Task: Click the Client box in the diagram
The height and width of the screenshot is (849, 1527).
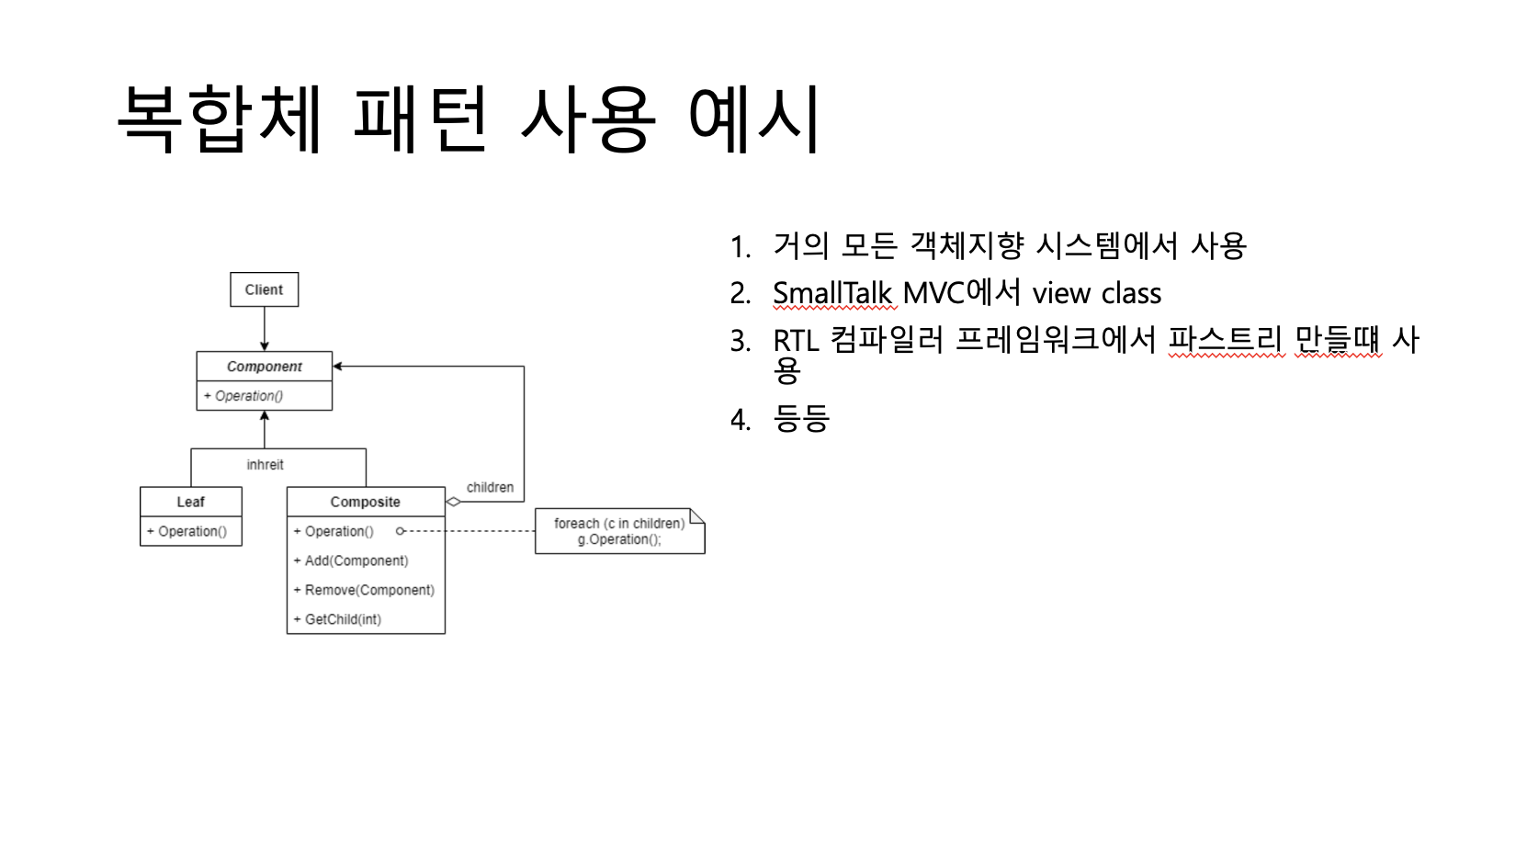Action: coord(264,289)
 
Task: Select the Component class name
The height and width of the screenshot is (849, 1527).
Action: coord(264,367)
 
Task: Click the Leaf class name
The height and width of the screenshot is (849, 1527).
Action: coord(190,502)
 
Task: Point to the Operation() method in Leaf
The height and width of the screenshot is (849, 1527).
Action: coord(191,531)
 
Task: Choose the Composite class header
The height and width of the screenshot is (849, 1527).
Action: coord(365,502)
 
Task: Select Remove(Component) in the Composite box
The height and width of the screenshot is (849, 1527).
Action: coord(368,590)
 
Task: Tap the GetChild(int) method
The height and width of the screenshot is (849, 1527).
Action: coord(342,619)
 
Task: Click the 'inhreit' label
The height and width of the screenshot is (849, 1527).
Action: coord(265,465)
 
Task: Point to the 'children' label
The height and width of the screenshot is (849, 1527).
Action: coord(490,487)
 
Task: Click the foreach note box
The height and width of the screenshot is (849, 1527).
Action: coord(618,531)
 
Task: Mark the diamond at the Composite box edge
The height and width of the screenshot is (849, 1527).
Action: coord(453,502)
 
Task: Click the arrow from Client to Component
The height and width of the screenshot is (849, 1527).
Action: coord(265,329)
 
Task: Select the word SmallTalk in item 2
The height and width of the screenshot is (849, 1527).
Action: coord(832,293)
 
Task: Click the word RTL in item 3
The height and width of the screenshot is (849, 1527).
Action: coord(796,341)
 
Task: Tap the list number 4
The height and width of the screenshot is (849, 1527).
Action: coord(741,420)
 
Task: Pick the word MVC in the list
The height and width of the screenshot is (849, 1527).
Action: coord(934,293)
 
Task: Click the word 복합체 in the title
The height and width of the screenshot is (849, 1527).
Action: coord(221,119)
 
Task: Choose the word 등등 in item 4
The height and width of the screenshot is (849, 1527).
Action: coord(801,419)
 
